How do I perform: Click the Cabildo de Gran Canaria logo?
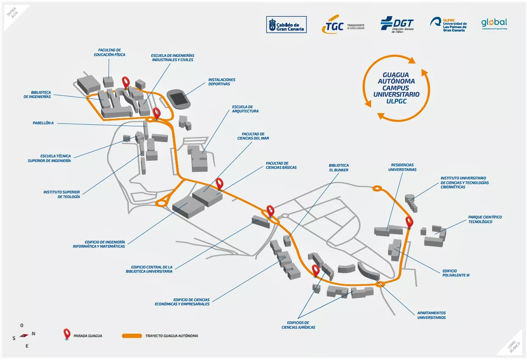click(x=286, y=24)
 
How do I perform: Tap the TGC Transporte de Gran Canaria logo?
click(x=343, y=26)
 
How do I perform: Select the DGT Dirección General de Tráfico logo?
click(x=397, y=24)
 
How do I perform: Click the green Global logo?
click(x=494, y=23)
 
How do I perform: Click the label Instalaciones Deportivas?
click(x=222, y=82)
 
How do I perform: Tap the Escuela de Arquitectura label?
click(x=245, y=109)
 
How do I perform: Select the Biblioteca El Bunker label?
click(x=339, y=167)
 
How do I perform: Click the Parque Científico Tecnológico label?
click(x=485, y=219)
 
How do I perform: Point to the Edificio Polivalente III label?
click(x=456, y=273)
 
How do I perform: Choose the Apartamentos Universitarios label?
click(x=431, y=315)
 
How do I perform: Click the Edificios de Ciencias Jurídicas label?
click(x=298, y=325)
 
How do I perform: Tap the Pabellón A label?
click(x=43, y=123)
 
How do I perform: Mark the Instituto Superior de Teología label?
click(x=61, y=194)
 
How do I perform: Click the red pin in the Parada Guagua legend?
click(x=67, y=334)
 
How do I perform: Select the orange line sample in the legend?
click(x=131, y=336)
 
